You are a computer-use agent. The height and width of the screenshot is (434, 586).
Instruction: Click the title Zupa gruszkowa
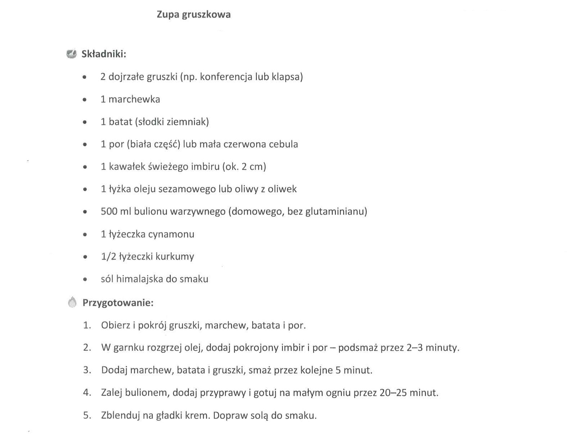193,15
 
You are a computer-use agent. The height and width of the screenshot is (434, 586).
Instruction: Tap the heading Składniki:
104,54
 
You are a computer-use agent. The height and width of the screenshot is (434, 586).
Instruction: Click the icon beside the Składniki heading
72,54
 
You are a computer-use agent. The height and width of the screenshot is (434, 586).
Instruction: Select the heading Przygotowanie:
118,303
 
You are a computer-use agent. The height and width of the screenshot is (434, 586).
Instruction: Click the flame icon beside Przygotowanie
72,302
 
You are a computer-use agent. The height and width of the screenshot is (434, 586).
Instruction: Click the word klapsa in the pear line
286,77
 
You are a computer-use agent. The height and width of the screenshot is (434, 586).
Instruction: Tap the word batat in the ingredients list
120,122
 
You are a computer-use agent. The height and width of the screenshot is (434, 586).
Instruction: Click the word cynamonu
173,234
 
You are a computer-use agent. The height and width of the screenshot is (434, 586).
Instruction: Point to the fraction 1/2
109,257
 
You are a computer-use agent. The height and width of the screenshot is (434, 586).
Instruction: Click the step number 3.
87,370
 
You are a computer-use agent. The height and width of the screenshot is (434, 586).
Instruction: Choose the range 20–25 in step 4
393,392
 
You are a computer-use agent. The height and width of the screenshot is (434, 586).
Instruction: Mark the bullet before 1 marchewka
85,100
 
